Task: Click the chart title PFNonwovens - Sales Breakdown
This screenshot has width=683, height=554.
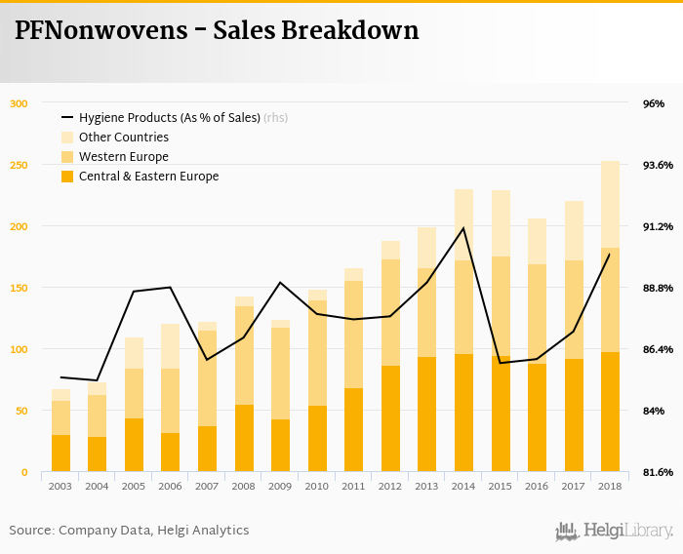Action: click(x=217, y=30)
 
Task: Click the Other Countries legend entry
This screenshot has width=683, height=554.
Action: click(x=123, y=138)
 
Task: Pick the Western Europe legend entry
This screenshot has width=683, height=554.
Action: click(x=123, y=157)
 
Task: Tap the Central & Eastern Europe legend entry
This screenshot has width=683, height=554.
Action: click(x=148, y=177)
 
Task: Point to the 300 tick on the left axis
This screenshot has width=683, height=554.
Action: click(x=20, y=103)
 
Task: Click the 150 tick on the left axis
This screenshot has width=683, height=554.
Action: click(x=20, y=288)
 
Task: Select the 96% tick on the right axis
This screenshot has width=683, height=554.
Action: click(x=653, y=103)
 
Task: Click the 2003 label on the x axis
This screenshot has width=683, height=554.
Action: click(x=60, y=486)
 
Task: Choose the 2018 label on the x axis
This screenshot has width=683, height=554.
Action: click(x=611, y=486)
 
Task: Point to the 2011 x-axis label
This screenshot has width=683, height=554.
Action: click(x=353, y=486)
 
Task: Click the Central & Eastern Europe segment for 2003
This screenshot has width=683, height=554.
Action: click(x=60, y=454)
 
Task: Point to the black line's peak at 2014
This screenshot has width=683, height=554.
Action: click(x=463, y=228)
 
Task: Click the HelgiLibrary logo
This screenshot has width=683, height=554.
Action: click(x=614, y=532)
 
